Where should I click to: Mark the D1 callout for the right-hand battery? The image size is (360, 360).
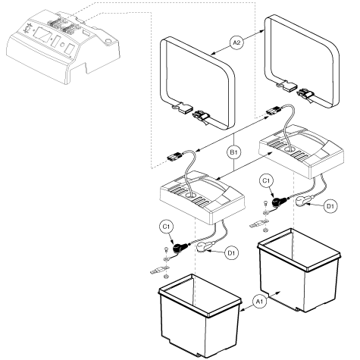pos(330,205)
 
